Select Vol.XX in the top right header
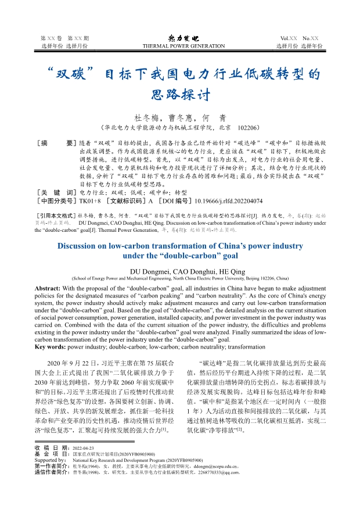coord(288,38)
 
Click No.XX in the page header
coord(310,38)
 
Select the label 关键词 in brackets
coord(56,192)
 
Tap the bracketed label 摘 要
coord(56,143)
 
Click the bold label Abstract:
coord(51,288)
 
